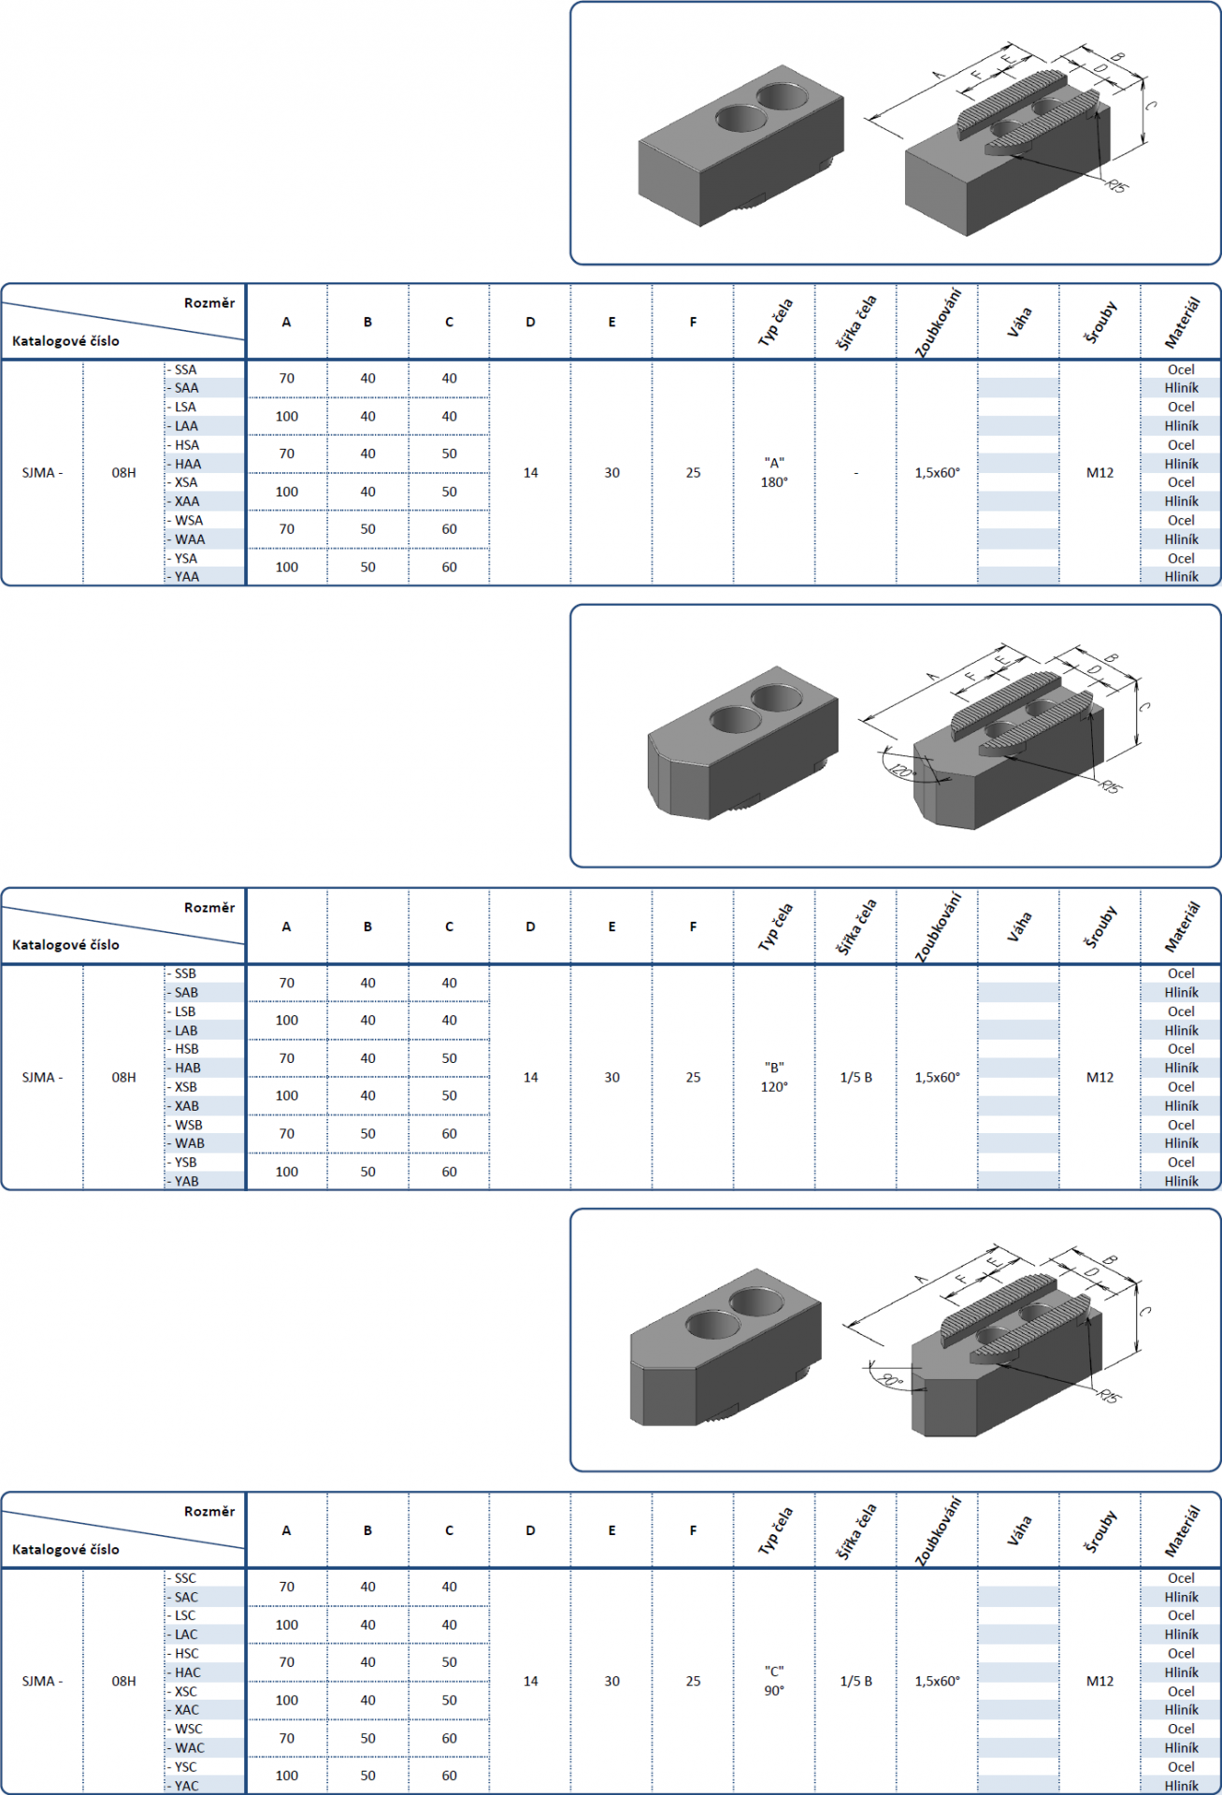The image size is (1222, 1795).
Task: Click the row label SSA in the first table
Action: (x=185, y=369)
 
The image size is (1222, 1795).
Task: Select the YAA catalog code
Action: (x=186, y=577)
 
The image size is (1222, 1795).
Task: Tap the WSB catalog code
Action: (x=188, y=1125)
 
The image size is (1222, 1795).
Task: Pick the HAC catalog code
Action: (x=187, y=1673)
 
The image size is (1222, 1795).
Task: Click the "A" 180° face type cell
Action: (x=774, y=472)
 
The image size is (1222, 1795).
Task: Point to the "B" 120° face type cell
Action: (x=774, y=1077)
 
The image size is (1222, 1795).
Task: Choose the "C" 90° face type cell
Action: (x=774, y=1681)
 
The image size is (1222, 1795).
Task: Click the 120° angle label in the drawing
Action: (x=900, y=771)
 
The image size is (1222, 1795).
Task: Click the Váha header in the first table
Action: (x=1019, y=321)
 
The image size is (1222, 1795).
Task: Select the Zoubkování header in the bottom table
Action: (x=938, y=1530)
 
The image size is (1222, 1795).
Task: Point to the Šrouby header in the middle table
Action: (x=1100, y=926)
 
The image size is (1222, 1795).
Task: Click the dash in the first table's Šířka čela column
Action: (x=855, y=473)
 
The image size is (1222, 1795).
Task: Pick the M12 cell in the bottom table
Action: (x=1100, y=1681)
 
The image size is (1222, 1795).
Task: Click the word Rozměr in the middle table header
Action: (x=209, y=908)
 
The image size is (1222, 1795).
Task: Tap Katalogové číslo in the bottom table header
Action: (x=65, y=1549)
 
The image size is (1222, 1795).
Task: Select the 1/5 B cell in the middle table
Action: (x=855, y=1077)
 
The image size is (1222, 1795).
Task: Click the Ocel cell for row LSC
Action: (x=1181, y=1615)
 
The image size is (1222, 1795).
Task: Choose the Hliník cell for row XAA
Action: (x=1181, y=501)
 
